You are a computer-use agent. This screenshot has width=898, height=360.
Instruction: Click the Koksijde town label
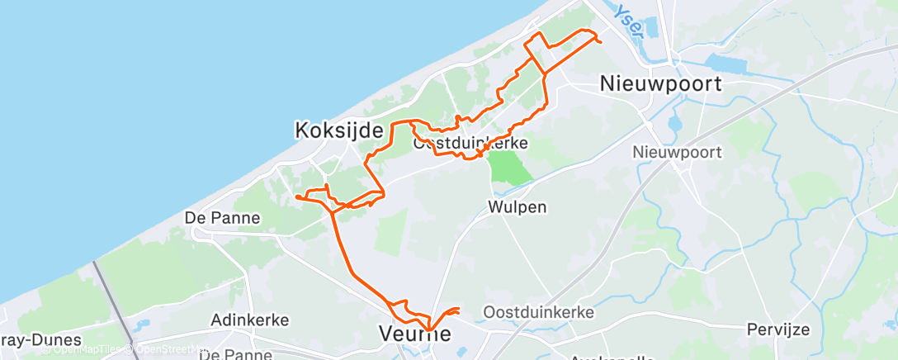(339, 130)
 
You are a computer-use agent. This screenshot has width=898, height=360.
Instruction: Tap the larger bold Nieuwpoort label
(661, 84)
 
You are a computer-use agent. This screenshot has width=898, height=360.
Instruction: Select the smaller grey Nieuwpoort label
(677, 152)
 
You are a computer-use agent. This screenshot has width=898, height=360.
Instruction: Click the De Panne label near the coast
(223, 219)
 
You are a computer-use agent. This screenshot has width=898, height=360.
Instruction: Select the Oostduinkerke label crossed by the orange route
(470, 144)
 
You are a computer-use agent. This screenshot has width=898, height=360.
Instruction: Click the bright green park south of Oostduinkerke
(509, 168)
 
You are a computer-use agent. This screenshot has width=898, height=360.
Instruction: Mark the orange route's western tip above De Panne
(296, 197)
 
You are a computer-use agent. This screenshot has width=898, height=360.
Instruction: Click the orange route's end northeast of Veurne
(459, 310)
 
